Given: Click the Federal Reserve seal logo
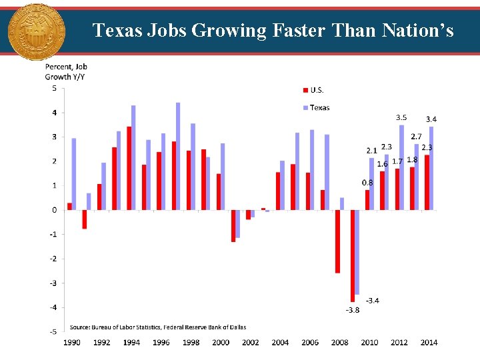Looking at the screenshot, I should pyautogui.click(x=36, y=31).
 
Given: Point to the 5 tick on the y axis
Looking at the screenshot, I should pyautogui.click(x=54, y=88).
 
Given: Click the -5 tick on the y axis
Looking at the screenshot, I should pyautogui.click(x=53, y=331).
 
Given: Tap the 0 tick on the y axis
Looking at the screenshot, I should pyautogui.click(x=54, y=210).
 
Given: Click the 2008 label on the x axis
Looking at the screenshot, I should pyautogui.click(x=340, y=343).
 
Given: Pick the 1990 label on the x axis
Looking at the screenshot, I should pyautogui.click(x=72, y=343).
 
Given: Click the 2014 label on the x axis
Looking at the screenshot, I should pyautogui.click(x=429, y=343).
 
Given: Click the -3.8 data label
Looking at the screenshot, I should pyautogui.click(x=352, y=310).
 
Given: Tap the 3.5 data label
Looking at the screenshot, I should pyautogui.click(x=402, y=117).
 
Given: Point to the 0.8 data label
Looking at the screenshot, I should pyautogui.click(x=367, y=182).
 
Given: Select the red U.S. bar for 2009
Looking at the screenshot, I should pyautogui.click(x=352, y=256).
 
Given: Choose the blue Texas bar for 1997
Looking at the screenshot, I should pyautogui.click(x=178, y=157).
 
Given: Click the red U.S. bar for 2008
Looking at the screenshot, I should pyautogui.click(x=337, y=241).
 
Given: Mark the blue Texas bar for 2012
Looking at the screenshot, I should pyautogui.click(x=401, y=167).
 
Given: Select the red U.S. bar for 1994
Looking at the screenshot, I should pyautogui.click(x=129, y=168).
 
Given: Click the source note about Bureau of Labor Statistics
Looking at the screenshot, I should pyautogui.click(x=158, y=327).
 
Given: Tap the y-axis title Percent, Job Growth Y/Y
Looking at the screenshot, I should pyautogui.click(x=65, y=71).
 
